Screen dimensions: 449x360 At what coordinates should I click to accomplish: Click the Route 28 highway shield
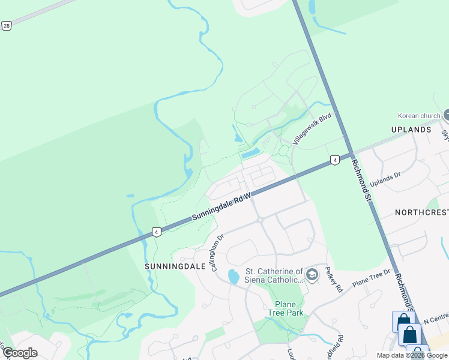[6, 26]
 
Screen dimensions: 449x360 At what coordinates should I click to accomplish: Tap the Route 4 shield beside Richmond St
[334, 160]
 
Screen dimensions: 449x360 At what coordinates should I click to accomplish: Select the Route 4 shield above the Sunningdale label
[156, 232]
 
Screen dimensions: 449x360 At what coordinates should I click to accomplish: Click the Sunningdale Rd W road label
[221, 206]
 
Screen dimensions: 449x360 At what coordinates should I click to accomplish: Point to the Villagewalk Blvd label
[313, 130]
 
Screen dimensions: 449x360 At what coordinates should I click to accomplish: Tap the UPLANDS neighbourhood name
[411, 130]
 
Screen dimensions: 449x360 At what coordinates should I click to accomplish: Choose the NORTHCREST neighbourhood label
[421, 213]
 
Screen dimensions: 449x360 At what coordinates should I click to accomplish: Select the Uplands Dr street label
[385, 179]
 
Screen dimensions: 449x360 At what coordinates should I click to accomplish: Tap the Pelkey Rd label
[334, 280]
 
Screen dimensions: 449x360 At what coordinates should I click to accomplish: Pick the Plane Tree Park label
[285, 308]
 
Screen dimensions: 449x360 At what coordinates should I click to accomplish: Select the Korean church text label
[418, 116]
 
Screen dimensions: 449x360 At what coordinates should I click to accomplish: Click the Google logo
[20, 352]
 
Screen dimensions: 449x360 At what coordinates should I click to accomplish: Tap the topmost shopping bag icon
[403, 321]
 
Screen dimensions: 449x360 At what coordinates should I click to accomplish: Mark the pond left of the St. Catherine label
[233, 277]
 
